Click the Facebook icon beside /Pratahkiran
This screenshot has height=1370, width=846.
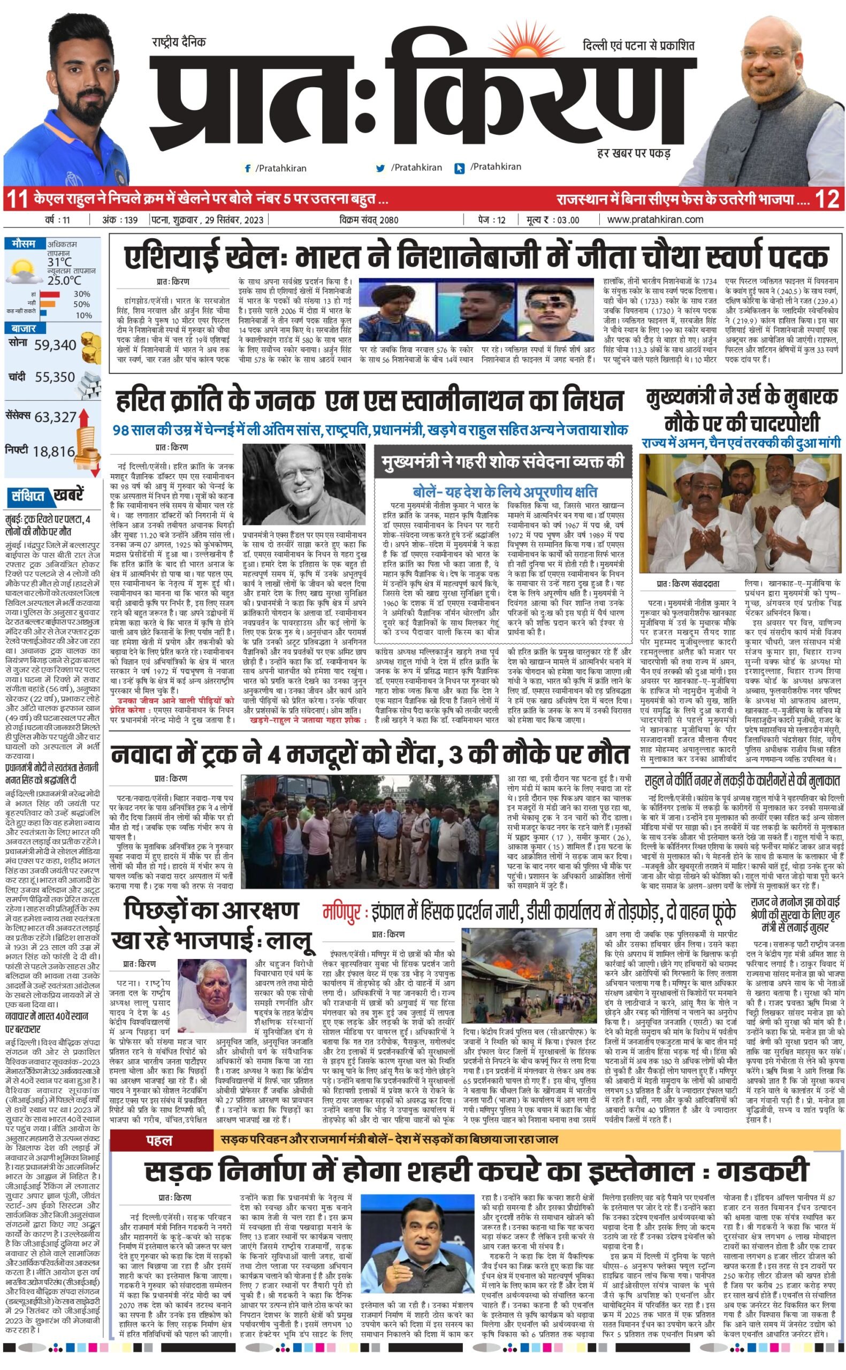coord(248,168)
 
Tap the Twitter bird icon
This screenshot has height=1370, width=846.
coord(381,168)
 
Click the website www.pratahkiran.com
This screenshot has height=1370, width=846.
coord(654,220)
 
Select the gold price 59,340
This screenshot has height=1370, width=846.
coord(55,345)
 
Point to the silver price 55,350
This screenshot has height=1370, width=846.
coord(55,377)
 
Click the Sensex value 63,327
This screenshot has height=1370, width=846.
coord(55,417)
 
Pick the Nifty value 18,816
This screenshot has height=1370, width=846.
coord(54,452)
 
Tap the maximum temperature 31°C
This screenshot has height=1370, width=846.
coord(59,262)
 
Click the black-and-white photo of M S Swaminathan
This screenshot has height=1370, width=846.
coord(303,484)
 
